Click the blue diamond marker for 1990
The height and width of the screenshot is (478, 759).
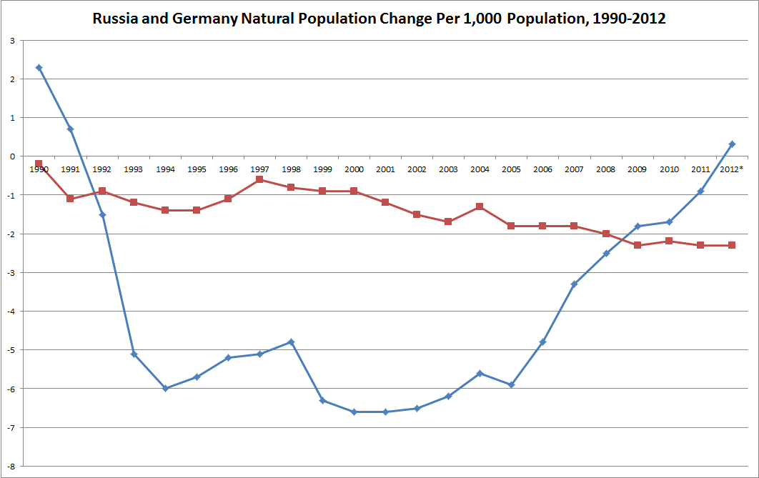click(39, 68)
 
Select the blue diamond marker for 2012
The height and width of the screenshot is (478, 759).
click(732, 144)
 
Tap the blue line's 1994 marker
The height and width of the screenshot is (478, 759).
click(165, 389)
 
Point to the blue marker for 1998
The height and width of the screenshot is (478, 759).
click(291, 342)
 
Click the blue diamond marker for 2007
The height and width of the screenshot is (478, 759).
click(574, 284)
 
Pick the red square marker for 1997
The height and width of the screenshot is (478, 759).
click(259, 179)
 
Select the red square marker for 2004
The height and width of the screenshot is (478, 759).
click(480, 206)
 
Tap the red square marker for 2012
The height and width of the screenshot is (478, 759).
click(732, 245)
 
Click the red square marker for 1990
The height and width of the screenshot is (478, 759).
click(39, 164)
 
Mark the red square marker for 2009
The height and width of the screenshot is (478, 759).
click(638, 245)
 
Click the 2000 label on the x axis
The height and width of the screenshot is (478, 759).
click(354, 169)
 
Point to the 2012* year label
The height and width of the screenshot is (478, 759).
click(731, 169)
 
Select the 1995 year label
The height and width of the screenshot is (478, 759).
click(197, 169)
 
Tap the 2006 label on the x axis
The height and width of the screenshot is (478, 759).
click(542, 169)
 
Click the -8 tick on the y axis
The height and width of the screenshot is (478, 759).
click(11, 467)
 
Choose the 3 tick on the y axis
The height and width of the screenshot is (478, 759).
click(13, 41)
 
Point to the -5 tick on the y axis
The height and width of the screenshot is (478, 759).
click(11, 350)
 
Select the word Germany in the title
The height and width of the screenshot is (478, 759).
click(204, 19)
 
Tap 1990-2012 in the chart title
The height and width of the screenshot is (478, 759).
click(629, 19)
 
